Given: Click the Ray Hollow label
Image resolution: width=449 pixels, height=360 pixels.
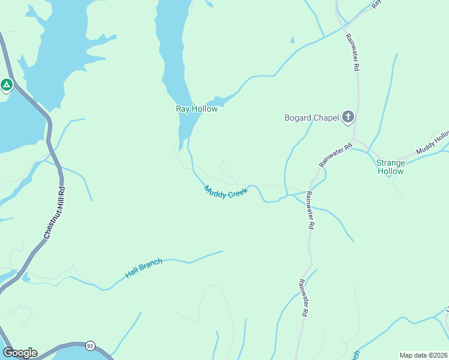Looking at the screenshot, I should [196, 109].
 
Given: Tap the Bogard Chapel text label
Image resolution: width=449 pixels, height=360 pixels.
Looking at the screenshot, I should [311, 118].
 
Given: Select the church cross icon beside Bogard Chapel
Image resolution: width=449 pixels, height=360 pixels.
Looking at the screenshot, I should [348, 118].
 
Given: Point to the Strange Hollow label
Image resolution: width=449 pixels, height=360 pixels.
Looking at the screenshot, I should [390, 167].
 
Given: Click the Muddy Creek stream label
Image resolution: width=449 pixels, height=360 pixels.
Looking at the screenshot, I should [226, 192].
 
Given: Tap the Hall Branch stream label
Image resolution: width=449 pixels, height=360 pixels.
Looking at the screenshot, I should [144, 269].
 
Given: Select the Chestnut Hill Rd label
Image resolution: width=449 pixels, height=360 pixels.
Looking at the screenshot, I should [54, 214].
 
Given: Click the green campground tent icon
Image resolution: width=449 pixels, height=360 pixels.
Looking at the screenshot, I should [7, 85].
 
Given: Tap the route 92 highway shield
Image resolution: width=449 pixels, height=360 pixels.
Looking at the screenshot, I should [90, 346].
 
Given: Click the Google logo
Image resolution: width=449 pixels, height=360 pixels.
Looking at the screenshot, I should [20, 353].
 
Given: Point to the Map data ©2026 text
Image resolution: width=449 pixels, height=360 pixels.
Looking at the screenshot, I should [423, 355].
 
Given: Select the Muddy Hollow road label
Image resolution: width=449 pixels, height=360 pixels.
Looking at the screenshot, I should [433, 142].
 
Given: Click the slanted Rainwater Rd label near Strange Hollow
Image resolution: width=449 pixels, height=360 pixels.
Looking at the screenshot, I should [335, 155].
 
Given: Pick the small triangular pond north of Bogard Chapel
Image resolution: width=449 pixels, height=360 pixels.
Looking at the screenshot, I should [292, 40].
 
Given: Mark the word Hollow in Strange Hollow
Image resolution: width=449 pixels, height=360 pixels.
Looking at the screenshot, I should [390, 171].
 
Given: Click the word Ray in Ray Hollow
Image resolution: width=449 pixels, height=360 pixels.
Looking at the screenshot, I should [182, 109].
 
